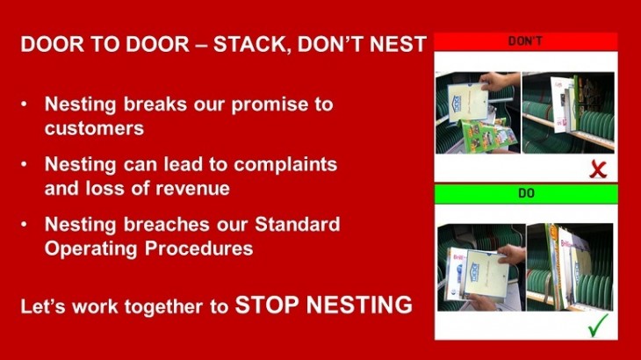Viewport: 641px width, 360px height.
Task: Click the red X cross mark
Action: tap(598, 169)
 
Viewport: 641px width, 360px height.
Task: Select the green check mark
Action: tap(598, 325)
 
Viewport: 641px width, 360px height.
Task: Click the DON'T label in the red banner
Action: tap(525, 41)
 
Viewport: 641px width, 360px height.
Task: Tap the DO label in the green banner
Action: tap(526, 193)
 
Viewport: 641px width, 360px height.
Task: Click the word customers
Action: tap(95, 128)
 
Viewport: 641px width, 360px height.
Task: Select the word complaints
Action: tap(285, 165)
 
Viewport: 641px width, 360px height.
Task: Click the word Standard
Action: tap(297, 224)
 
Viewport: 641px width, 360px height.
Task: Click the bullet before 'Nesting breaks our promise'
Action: tap(24, 104)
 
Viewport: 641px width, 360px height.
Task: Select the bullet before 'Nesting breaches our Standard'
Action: tap(24, 224)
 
